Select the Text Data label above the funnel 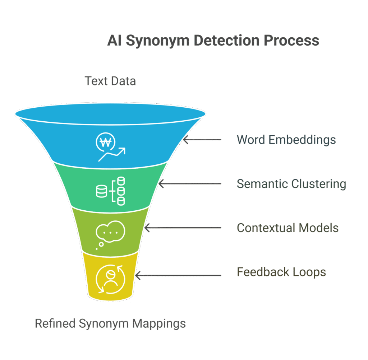(x=110, y=81)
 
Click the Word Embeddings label (x=286, y=139)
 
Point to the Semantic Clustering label (x=291, y=184)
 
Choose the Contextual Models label (x=287, y=228)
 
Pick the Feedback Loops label (x=281, y=272)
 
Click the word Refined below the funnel (x=55, y=323)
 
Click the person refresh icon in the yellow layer (x=110, y=279)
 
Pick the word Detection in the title (x=226, y=41)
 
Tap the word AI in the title (x=114, y=41)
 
